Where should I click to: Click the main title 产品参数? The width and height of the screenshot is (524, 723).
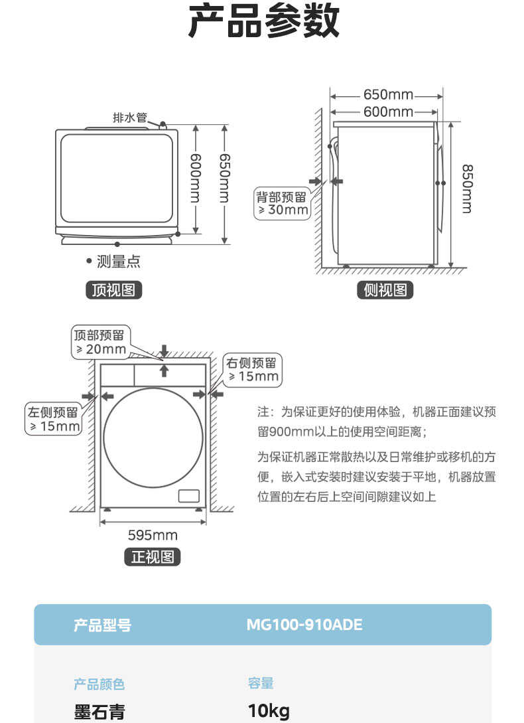pos(263,23)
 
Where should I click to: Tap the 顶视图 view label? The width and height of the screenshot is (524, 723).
pos(113,290)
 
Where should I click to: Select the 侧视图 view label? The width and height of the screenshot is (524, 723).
pos(385,290)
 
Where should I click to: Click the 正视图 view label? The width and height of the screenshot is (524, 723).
pos(153,556)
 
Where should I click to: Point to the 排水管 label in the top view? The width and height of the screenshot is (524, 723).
pos(129,118)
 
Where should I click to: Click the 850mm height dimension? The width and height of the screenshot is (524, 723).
pos(468,189)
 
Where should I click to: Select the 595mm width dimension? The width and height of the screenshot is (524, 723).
pos(153,535)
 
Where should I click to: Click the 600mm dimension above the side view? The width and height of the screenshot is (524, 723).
pos(388,112)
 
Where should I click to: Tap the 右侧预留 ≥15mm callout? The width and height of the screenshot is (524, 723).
pos(253,370)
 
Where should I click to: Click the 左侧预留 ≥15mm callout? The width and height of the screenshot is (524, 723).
pos(53,419)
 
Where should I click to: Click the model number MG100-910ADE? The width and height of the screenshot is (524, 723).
pos(304,625)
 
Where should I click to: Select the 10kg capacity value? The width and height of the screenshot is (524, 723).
pos(269,712)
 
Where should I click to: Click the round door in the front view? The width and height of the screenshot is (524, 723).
pos(153,437)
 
